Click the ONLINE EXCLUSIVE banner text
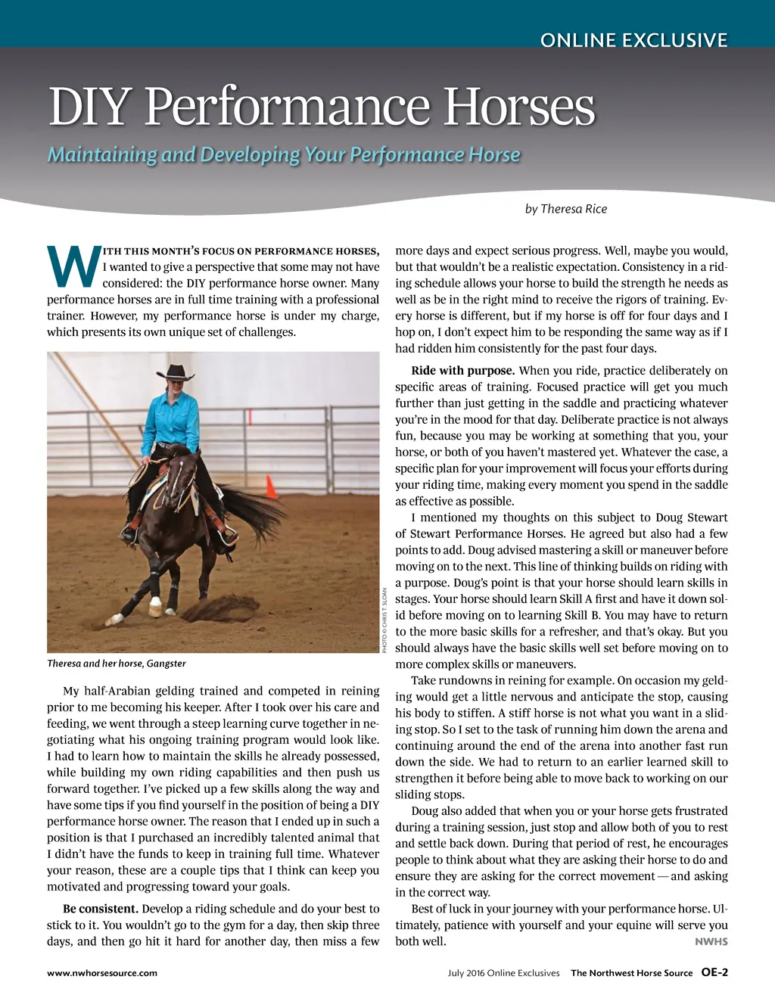(x=633, y=40)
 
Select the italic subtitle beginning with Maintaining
(x=284, y=155)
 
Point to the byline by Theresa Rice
(x=565, y=209)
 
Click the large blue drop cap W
(x=73, y=266)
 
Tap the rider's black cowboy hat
(x=176, y=372)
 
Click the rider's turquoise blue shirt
(x=173, y=421)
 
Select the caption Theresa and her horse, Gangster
(x=117, y=664)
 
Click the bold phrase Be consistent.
(x=100, y=909)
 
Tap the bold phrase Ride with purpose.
(x=462, y=371)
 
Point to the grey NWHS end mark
(x=711, y=942)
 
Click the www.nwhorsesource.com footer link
(x=102, y=973)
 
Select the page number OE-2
(x=714, y=972)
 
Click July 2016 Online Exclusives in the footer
(x=503, y=973)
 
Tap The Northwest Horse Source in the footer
(x=631, y=973)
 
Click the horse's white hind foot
(x=155, y=604)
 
